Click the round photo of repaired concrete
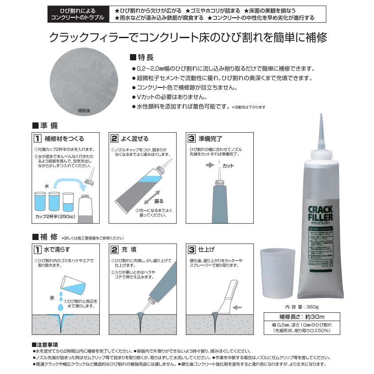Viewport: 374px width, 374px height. (x=83, y=83)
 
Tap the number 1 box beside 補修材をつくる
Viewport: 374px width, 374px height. (x=39, y=138)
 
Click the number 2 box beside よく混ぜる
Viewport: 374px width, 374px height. (x=115, y=138)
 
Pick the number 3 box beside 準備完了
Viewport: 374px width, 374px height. (x=192, y=138)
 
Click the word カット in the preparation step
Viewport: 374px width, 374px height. (x=228, y=166)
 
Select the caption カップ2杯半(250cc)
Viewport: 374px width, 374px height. (x=54, y=217)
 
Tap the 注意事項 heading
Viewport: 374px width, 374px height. (x=48, y=344)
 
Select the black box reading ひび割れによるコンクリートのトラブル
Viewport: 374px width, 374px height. (x=77, y=14)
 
